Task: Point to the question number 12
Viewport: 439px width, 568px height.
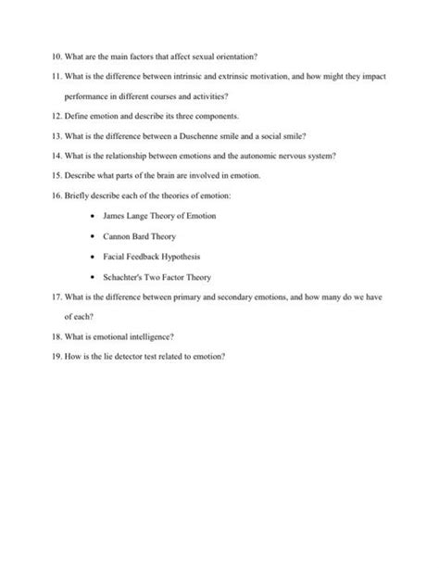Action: [x=56, y=116]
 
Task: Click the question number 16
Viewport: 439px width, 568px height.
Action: [x=56, y=196]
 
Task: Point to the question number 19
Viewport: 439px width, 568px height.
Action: [x=56, y=357]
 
